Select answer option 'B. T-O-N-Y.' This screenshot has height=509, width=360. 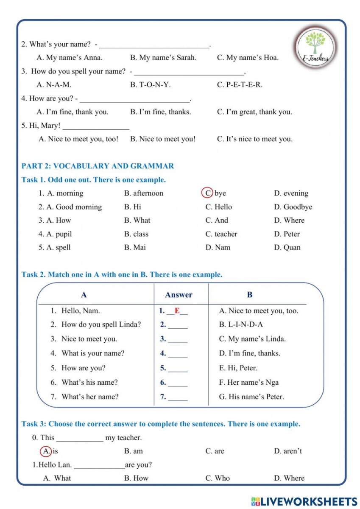tap(150, 85)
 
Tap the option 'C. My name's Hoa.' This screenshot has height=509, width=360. tap(248, 58)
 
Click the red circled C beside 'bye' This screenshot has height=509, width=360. tap(207, 193)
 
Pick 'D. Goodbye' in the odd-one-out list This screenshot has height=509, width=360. tap(293, 207)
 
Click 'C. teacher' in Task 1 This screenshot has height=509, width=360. tap(221, 234)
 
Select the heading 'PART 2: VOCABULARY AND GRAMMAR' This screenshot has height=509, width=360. tap(98, 166)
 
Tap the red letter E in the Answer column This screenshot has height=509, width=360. tap(177, 311)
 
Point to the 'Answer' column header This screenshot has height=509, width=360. tap(179, 295)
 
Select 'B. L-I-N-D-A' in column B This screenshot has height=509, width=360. tap(241, 324)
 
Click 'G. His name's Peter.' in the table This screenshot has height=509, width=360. tap(251, 397)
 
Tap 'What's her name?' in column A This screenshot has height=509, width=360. tap(90, 397)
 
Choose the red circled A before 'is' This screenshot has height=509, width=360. tap(45, 451)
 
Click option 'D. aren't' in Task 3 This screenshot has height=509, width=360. tap(288, 451)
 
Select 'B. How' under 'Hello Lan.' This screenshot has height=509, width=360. tap(136, 478)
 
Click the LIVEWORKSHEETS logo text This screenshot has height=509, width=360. tap(304, 501)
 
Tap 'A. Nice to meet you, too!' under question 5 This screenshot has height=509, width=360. tap(78, 139)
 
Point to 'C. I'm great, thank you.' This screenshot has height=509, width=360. tap(254, 112)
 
